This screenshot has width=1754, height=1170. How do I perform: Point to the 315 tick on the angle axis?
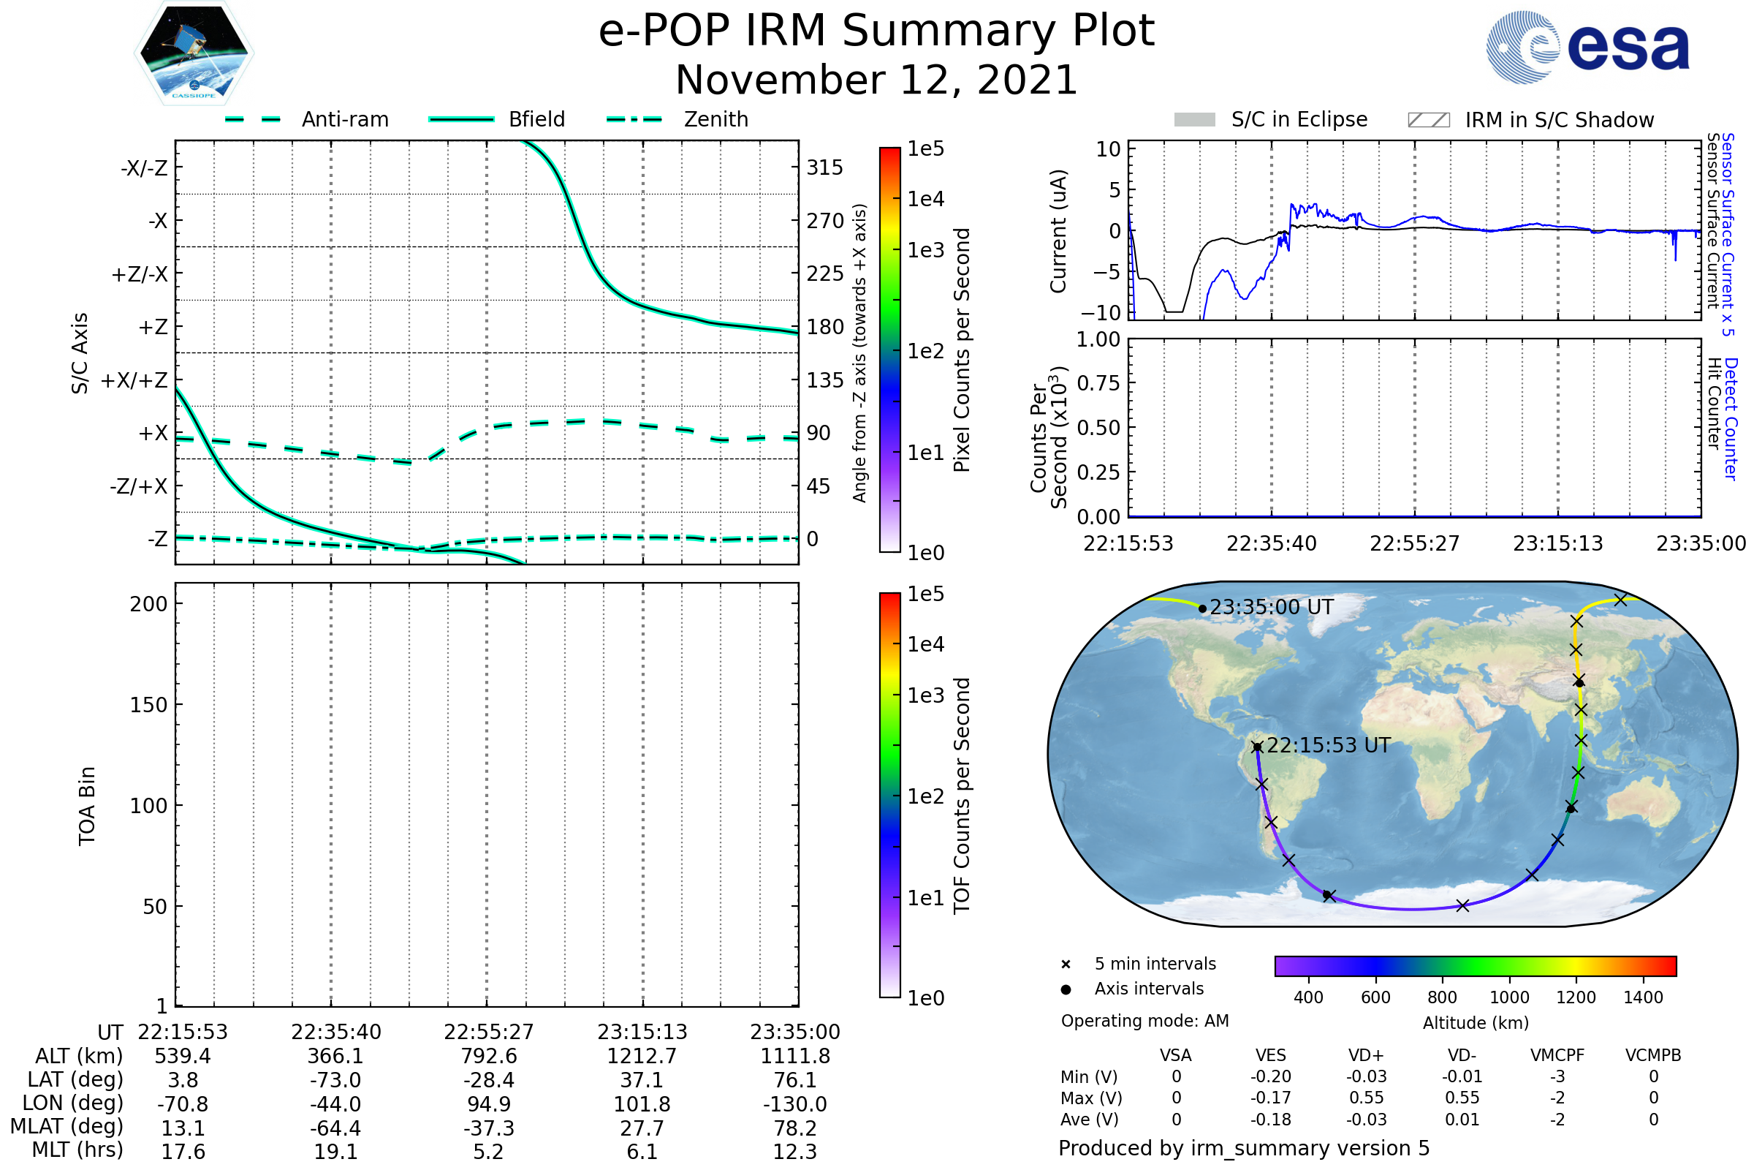[x=824, y=168]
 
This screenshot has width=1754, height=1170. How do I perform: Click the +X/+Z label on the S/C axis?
[x=134, y=380]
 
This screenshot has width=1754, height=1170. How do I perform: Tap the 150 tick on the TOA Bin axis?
[x=148, y=705]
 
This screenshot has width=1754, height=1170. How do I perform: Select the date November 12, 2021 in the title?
[x=876, y=80]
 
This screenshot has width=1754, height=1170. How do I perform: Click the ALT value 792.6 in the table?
[x=488, y=1056]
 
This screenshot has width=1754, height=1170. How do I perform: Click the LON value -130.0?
[x=794, y=1103]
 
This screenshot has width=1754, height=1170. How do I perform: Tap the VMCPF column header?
[x=1557, y=1056]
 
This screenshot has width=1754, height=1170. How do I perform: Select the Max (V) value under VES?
[x=1271, y=1098]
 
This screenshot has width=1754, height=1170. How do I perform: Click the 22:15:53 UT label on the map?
[x=1328, y=745]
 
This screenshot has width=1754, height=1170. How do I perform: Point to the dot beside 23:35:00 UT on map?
[x=1202, y=609]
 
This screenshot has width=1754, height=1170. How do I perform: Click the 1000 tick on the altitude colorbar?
[x=1508, y=997]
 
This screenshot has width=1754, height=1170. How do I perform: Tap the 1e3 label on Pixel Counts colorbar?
[x=925, y=250]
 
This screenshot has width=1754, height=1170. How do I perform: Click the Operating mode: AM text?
[x=1144, y=1021]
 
